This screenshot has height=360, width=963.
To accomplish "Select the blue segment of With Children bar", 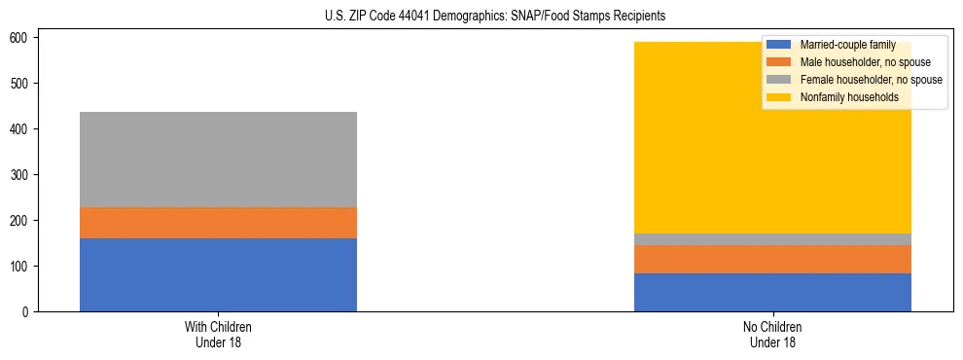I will click(218, 274).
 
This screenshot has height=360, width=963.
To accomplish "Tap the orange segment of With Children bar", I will click(218, 223).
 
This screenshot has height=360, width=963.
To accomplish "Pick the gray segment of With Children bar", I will click(218, 160).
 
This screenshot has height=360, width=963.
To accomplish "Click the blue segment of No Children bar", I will click(772, 292).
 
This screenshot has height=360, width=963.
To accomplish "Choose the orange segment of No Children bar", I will click(772, 259).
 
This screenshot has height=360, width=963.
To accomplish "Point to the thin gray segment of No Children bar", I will click(772, 239).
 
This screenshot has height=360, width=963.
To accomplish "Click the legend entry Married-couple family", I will click(846, 45).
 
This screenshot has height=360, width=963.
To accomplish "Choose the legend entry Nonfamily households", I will click(848, 97).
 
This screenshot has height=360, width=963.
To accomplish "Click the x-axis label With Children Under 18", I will click(218, 334).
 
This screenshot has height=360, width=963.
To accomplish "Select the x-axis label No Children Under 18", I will click(772, 334).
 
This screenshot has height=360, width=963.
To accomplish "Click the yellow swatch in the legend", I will click(779, 97).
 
